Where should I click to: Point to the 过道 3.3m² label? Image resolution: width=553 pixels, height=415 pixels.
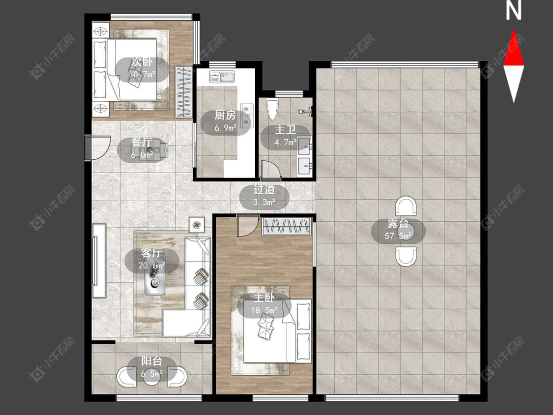[x=264, y=196]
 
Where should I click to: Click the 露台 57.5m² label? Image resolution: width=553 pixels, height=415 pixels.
[x=398, y=230]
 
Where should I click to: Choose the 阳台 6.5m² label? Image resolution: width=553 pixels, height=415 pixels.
[x=152, y=367]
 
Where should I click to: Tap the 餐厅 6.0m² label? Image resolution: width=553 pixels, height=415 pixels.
[x=142, y=148]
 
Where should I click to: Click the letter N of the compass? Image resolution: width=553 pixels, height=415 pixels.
[x=514, y=10]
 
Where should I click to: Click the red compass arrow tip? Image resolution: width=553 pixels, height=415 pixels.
[x=514, y=30]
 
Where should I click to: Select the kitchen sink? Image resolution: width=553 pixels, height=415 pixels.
[x=222, y=77]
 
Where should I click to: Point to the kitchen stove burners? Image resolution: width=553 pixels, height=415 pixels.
[x=247, y=115]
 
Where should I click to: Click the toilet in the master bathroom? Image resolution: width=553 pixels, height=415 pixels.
[x=273, y=109]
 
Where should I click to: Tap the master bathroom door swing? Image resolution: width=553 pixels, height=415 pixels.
[x=271, y=169]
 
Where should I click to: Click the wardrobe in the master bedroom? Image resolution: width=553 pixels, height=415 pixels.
[x=287, y=226]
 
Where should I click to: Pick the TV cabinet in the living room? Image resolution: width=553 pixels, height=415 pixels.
[x=99, y=261]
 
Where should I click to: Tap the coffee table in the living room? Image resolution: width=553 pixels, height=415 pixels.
[x=155, y=280]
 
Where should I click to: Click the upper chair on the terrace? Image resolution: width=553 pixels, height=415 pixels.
[x=406, y=206]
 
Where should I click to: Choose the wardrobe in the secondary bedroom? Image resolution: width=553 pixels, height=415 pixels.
[x=184, y=92]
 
